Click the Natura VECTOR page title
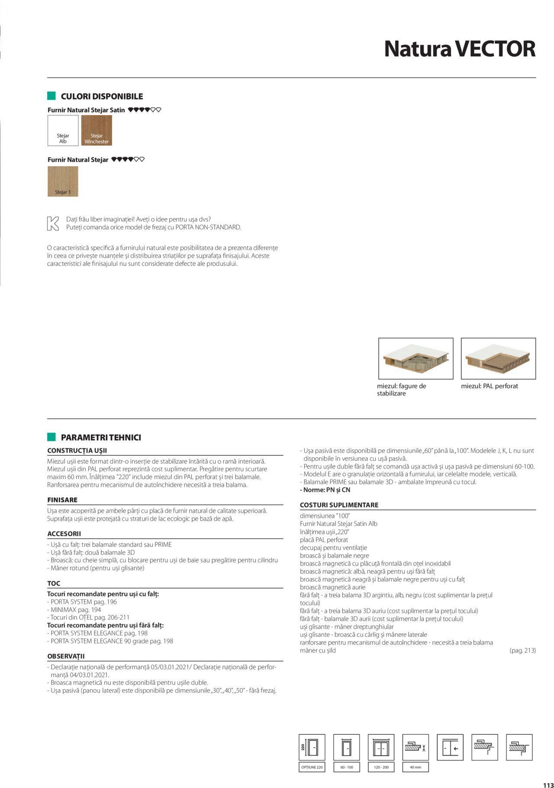tap(460, 49)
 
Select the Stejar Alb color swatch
tap(63, 130)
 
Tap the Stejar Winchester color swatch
tap(97, 130)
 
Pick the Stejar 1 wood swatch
tap(63, 181)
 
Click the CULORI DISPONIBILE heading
tap(102, 96)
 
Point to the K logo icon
tap(53, 223)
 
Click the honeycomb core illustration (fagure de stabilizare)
tap(415, 358)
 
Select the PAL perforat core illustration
tap(498, 358)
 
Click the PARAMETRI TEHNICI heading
tap(101, 437)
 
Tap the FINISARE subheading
tap(62, 500)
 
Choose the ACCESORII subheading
tap(64, 534)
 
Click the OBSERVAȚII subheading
tap(66, 656)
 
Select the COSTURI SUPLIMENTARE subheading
tap(339, 505)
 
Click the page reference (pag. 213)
tap(522, 650)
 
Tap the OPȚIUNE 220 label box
tap(312, 767)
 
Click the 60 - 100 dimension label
tap(347, 767)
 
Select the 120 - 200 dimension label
tap(381, 767)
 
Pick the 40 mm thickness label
tap(415, 767)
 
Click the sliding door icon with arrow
tap(450, 747)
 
